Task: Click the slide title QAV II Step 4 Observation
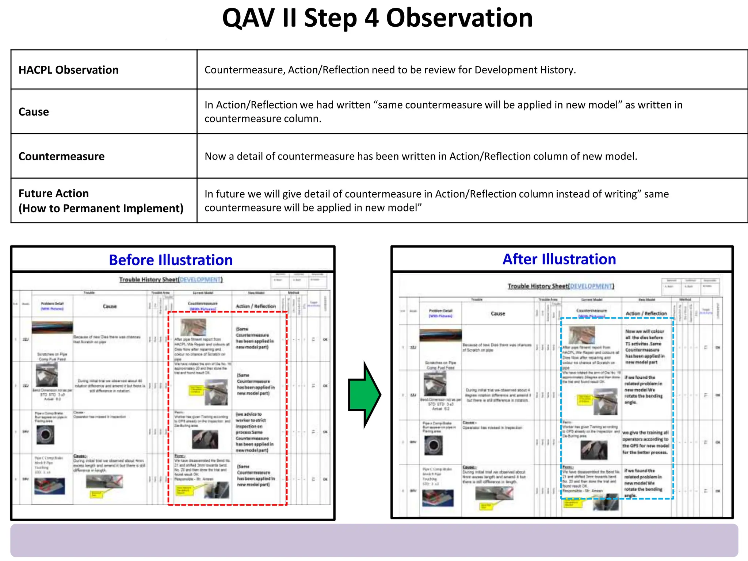pos(377,18)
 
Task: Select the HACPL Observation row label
pos(68,70)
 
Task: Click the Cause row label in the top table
pos(34,112)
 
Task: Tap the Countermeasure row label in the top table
pos(61,156)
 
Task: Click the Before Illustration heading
pos(171,260)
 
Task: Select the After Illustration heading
pos(559,259)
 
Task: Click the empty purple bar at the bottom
pos(374,540)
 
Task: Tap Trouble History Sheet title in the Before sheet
pos(171,280)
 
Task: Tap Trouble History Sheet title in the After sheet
pos(560,286)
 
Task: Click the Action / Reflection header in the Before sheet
pos(256,306)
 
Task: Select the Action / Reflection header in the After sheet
pos(646,313)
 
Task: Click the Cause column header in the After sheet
pos(497,313)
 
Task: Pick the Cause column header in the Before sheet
pos(110,306)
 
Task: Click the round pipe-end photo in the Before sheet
pos(45,435)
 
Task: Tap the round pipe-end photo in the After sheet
pos(434,445)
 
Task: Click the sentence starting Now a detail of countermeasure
pos(420,156)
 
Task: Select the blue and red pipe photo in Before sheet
pos(50,486)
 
